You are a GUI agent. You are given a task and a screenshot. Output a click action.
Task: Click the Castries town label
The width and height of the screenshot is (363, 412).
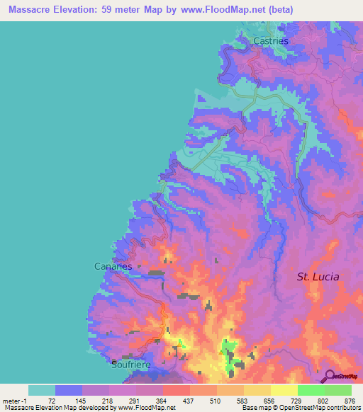(271, 41)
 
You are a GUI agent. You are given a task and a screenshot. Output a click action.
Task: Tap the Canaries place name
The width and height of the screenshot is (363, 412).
(113, 266)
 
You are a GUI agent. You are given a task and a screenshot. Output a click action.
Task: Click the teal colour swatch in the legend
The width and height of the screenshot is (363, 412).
(42, 390)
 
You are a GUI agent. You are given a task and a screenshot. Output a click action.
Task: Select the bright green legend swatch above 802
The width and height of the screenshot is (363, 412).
(311, 390)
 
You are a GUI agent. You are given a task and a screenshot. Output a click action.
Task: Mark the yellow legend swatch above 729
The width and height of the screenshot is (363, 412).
(284, 390)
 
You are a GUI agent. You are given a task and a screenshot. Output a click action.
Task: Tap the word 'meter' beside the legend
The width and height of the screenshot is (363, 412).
(11, 401)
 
